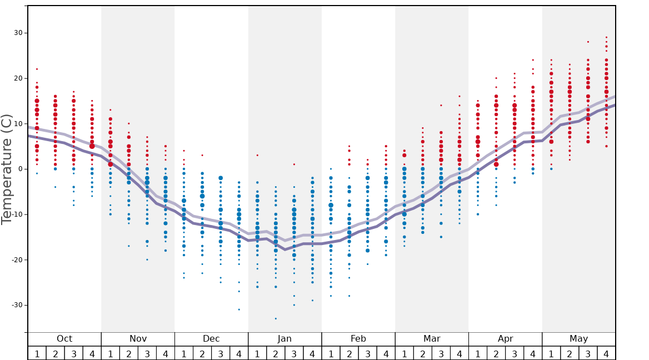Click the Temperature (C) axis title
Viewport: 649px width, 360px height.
[7, 169]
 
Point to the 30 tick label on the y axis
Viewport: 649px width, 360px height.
[18, 33]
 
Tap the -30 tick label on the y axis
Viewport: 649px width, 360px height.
[17, 305]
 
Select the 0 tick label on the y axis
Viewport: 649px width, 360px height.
[20, 169]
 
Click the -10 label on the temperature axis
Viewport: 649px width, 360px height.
[17, 214]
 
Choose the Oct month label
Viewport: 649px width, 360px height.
[64, 339]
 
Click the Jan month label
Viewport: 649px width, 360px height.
[284, 339]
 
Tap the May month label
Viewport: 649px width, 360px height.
[578, 339]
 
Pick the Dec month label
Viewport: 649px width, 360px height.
[211, 339]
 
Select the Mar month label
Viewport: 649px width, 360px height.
[432, 339]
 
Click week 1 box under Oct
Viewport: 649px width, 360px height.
[37, 353]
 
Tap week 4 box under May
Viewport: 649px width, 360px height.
[606, 353]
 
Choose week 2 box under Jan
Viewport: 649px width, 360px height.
[276, 353]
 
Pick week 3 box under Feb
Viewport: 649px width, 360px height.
[367, 353]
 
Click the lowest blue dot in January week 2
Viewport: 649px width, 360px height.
[276, 318]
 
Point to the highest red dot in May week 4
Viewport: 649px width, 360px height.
[606, 37]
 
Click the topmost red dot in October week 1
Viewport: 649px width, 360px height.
[37, 69]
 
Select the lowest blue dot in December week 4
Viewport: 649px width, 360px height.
[239, 309]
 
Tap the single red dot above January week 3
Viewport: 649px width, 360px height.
[294, 164]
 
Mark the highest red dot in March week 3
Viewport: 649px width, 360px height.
[441, 105]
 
